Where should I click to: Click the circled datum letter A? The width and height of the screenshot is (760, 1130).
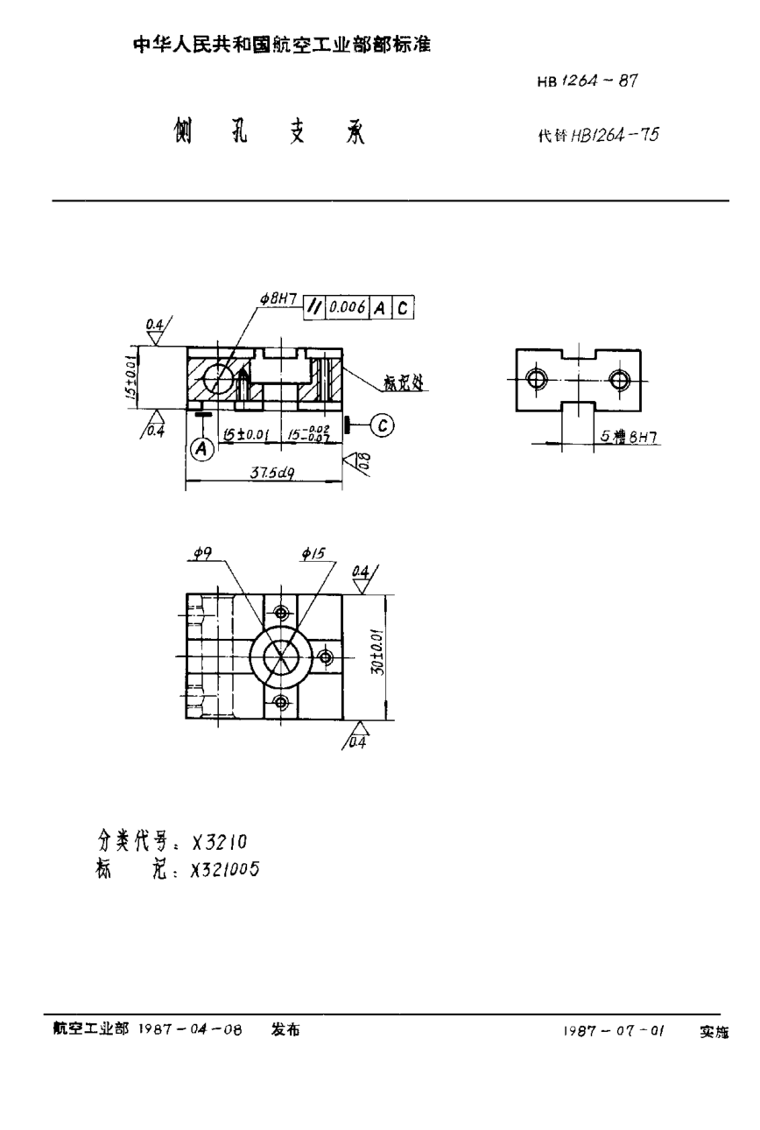click(x=202, y=448)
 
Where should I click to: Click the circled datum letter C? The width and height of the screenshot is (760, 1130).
click(x=381, y=425)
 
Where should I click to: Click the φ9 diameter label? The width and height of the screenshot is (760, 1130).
click(x=202, y=552)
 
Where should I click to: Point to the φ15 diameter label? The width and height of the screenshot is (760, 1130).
click(x=312, y=552)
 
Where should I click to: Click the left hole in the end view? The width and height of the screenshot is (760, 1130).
click(x=536, y=379)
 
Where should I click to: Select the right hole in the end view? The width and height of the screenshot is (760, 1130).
click(x=620, y=379)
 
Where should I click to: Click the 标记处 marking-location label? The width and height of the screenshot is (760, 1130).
click(x=403, y=383)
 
